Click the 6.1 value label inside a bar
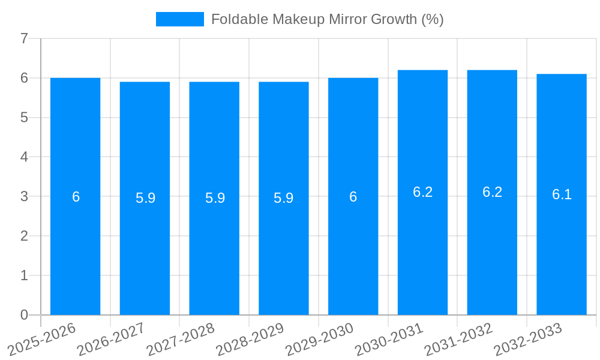click(x=562, y=194)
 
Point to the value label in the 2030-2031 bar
click(x=422, y=192)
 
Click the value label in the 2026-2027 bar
click(x=145, y=198)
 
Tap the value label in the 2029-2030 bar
click(x=353, y=197)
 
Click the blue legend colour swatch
click(x=179, y=19)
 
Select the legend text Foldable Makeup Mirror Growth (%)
click(x=327, y=19)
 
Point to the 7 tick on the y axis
click(x=24, y=38)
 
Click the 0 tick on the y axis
click(x=24, y=315)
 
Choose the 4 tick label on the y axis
click(x=24, y=157)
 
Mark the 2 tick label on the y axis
click(x=24, y=236)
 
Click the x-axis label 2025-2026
click(x=41, y=339)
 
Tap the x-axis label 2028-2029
click(x=250, y=339)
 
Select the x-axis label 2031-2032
click(x=459, y=339)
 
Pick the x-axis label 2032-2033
click(x=529, y=339)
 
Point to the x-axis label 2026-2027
click(x=111, y=339)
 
